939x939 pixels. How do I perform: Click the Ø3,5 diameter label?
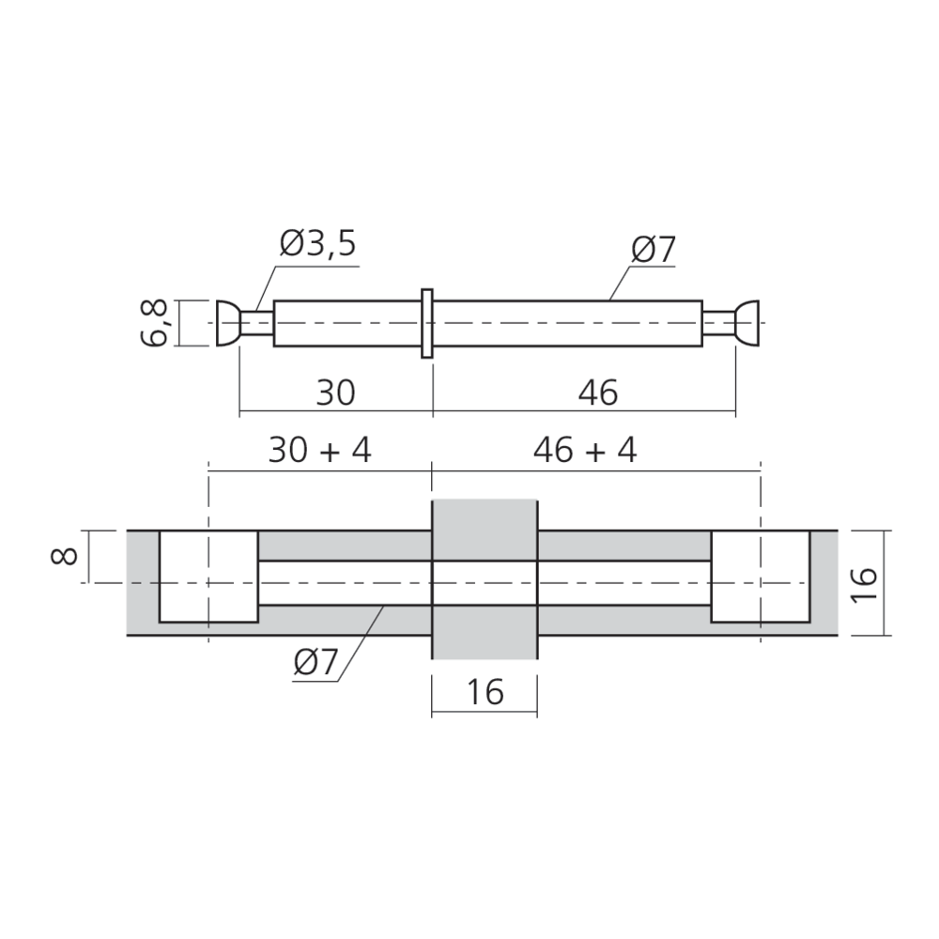point(318,246)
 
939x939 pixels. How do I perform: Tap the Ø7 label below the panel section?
point(315,664)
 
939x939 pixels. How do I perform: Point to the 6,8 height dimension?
point(157,324)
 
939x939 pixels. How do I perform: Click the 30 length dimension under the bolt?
point(335,393)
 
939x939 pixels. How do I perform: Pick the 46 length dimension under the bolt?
point(598,393)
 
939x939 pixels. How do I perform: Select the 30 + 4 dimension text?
point(319,451)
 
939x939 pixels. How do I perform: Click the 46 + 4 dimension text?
point(584,451)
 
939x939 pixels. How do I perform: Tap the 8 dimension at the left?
point(64,557)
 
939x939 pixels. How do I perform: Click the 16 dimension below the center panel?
point(485,693)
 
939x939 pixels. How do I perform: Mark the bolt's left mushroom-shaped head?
point(226,324)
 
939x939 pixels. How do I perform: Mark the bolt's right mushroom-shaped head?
point(748,324)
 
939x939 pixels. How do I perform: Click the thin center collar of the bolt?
point(427,324)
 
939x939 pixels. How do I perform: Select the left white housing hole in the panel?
point(208,576)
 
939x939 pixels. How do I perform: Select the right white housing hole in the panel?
point(760,576)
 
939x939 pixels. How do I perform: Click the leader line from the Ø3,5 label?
point(262,286)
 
